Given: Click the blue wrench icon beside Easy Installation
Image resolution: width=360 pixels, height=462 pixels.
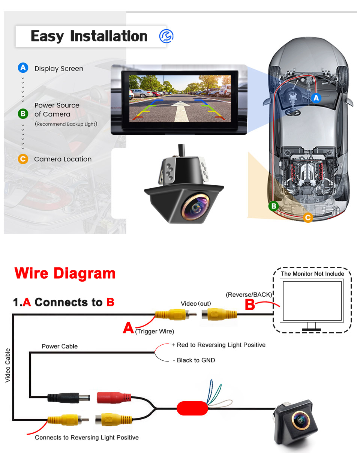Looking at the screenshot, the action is tap(166, 36).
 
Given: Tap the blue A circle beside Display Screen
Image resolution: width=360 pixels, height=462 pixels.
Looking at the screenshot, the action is tap(23, 68).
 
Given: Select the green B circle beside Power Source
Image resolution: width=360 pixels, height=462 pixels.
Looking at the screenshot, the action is tap(23, 114).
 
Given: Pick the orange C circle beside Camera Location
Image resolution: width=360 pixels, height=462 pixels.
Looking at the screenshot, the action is tap(23, 159).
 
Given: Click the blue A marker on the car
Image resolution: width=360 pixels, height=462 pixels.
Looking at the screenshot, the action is tap(316, 98).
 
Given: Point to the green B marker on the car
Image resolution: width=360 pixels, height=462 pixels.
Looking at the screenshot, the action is tap(274, 206).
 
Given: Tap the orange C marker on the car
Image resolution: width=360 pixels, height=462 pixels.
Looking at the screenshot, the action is tap(308, 217).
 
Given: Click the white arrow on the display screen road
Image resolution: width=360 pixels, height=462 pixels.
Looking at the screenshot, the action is tap(181, 111).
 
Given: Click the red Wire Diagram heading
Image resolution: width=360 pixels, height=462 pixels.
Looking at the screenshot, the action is tap(65, 273).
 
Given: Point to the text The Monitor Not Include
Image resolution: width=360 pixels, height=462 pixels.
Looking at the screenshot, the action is tap(312, 274).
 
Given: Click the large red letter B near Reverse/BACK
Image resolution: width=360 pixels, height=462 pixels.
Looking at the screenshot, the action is tap(249, 304).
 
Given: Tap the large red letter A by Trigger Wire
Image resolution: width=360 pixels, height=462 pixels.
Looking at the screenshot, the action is tap(128, 328).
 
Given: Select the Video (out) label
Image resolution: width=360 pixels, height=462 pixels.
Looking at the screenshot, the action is tap(196, 304).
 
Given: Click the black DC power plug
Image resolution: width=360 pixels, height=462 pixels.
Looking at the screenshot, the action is tap(68, 398).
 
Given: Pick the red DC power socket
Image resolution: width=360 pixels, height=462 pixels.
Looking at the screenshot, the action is tap(114, 397).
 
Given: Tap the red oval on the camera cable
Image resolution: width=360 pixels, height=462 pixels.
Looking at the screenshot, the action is tap(192, 408).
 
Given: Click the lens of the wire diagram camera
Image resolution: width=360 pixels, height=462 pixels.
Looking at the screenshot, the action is tap(300, 420).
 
